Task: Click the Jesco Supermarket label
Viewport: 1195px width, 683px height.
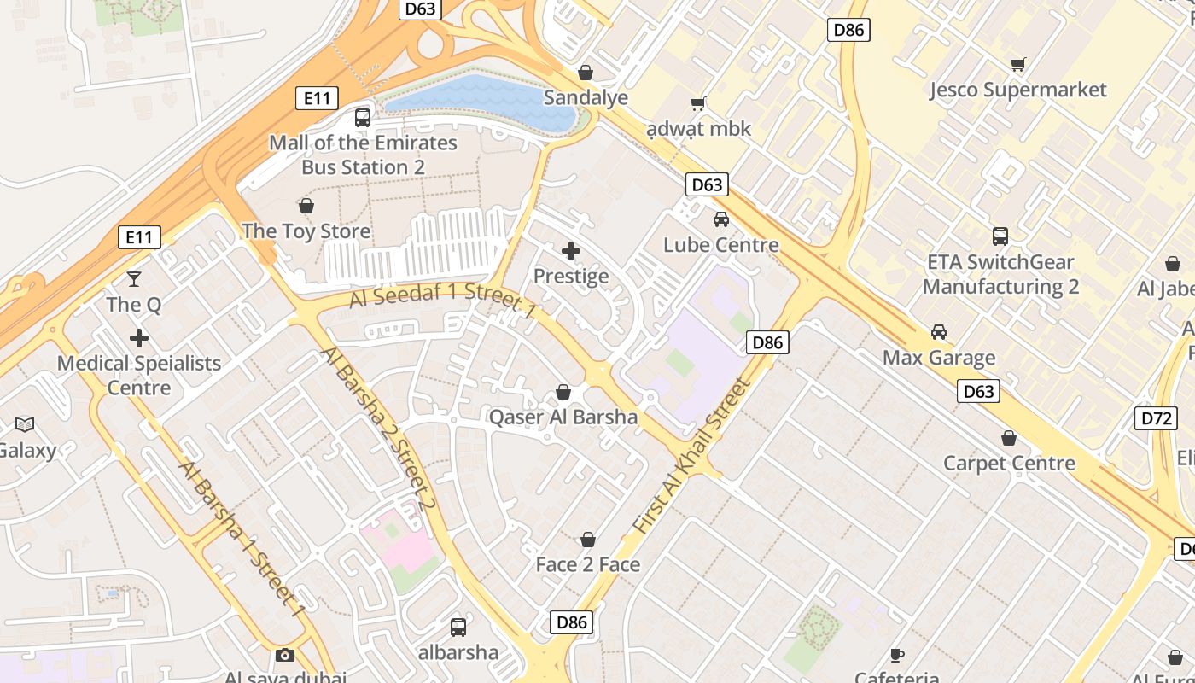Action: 1017,90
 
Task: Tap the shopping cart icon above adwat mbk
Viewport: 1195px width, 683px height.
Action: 697,104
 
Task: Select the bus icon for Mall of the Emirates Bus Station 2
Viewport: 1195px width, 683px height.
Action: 363,118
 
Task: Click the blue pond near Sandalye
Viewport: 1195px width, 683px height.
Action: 478,102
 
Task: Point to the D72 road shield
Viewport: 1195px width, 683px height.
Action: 1156,418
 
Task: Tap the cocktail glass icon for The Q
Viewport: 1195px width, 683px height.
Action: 134,278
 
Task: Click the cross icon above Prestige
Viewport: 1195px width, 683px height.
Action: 571,251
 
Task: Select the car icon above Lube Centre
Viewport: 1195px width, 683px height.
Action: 721,219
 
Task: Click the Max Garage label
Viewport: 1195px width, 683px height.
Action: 939,358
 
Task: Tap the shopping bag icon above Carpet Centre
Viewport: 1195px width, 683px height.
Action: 1009,438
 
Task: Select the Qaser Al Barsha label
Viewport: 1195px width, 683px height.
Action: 563,417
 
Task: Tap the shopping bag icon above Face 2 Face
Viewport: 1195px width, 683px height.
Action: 587,540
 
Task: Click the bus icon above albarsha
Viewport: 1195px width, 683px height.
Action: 458,628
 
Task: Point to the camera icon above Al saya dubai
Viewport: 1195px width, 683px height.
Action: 285,656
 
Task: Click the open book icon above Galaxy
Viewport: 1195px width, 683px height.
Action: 25,425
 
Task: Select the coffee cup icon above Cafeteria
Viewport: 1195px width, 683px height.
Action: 896,655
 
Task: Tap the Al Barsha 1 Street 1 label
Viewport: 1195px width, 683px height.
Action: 241,539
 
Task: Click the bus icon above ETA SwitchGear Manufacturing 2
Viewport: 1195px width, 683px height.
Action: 1000,236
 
